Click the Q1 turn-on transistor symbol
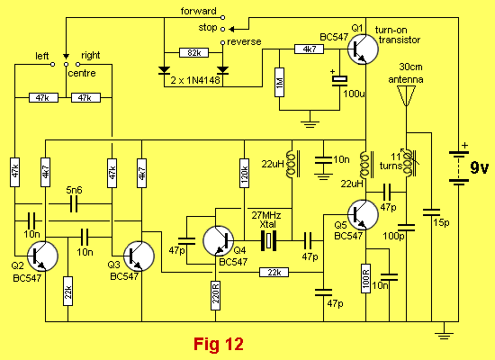click(x=363, y=49)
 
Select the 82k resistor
click(x=193, y=52)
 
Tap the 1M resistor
click(x=279, y=82)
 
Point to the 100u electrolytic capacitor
click(x=339, y=80)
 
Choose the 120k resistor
click(x=244, y=173)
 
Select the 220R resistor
click(x=216, y=296)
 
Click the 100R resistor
click(x=366, y=278)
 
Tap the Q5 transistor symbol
click(x=363, y=215)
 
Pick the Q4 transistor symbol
click(x=219, y=241)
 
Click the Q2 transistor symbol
click(x=42, y=256)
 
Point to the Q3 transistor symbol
click(x=139, y=256)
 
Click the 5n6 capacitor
click(x=74, y=203)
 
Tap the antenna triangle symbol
click(x=406, y=95)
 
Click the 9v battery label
click(x=479, y=167)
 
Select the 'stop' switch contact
click(x=222, y=29)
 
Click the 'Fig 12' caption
click(x=219, y=344)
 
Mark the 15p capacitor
click(x=431, y=212)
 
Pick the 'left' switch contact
click(x=53, y=65)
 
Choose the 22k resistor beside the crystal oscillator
click(x=274, y=272)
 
